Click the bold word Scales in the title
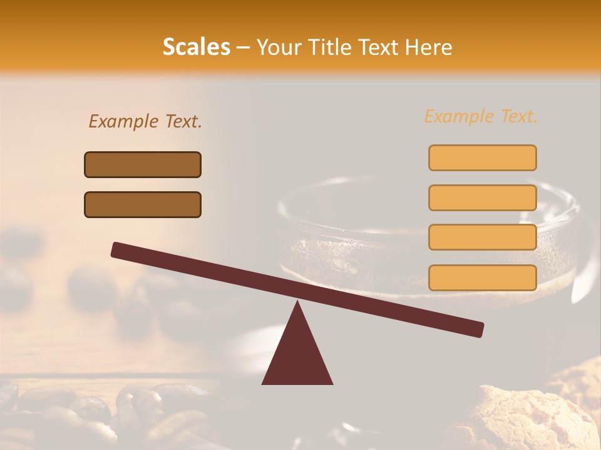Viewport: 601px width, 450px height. [x=196, y=47]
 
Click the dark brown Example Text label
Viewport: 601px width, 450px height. [x=145, y=121]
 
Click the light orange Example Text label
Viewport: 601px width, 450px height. [x=481, y=116]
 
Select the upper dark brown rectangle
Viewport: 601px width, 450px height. [x=143, y=164]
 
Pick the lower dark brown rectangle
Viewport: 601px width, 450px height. [x=143, y=204]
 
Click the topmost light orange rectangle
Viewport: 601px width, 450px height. [x=482, y=157]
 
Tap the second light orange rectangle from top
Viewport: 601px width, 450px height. [x=482, y=197]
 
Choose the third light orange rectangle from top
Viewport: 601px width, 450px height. [x=482, y=237]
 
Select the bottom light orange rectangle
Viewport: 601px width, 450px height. [x=482, y=277]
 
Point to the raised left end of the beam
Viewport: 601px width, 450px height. [x=116, y=250]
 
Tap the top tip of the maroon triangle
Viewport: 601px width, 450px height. [x=297, y=303]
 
